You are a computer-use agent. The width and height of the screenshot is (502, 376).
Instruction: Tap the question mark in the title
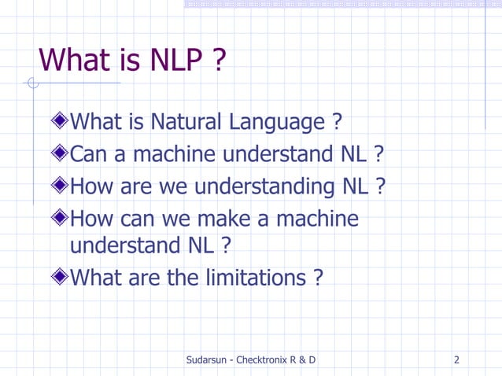219,59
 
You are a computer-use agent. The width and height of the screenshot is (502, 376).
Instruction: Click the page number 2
457,360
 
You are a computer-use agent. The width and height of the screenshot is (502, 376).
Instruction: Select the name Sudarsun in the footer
209,360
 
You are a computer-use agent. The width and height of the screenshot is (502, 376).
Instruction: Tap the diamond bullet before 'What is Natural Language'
60,121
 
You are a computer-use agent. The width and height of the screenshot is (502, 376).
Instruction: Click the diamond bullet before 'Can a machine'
60,153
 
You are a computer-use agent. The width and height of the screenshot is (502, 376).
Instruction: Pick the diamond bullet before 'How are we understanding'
60,186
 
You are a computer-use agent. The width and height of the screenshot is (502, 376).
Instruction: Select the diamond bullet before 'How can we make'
60,218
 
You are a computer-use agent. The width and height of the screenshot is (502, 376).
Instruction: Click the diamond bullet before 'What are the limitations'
60,277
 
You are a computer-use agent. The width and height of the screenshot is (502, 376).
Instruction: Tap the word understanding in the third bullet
266,187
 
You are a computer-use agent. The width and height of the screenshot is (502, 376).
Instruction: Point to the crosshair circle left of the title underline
32,83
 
